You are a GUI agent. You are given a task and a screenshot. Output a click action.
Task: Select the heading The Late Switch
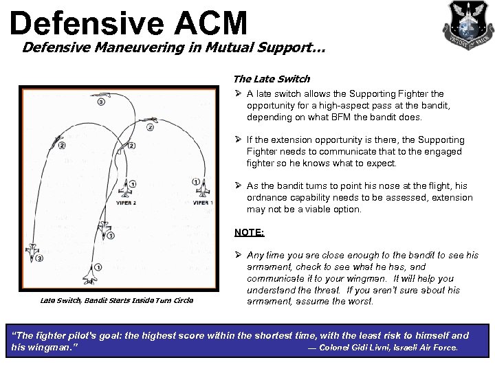(272, 79)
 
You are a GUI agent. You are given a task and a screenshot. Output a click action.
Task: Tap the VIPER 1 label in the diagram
(203, 203)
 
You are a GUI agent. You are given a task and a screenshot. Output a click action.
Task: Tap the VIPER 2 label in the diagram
(124, 203)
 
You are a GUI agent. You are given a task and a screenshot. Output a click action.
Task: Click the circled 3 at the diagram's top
(101, 102)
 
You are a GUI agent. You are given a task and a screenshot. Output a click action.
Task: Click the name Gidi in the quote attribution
(364, 348)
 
